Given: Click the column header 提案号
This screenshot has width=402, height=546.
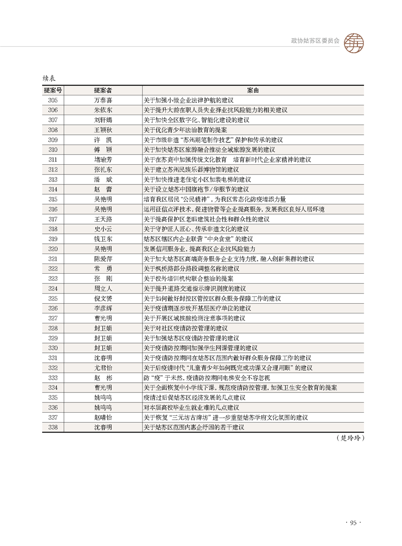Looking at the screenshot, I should tap(53, 90).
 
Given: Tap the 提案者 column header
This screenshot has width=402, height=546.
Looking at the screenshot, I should tap(103, 90).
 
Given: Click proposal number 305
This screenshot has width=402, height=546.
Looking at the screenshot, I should tap(53, 100).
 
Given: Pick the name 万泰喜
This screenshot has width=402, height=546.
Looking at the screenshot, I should tap(103, 100).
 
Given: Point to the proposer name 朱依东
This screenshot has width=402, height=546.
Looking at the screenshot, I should tap(103, 110).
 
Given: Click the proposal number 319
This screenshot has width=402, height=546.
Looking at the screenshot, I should tap(53, 239).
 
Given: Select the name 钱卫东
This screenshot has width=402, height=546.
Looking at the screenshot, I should tap(103, 239).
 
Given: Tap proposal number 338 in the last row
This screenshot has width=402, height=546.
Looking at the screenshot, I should tap(53, 427).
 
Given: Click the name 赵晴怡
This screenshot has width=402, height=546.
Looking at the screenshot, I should tap(103, 418).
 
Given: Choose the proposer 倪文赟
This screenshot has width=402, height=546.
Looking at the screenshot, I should tap(103, 299).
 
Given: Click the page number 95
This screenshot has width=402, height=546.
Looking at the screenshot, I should tap(352, 523).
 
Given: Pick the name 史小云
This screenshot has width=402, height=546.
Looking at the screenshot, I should tap(103, 229).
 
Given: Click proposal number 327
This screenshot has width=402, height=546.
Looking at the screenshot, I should tap(53, 318).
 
